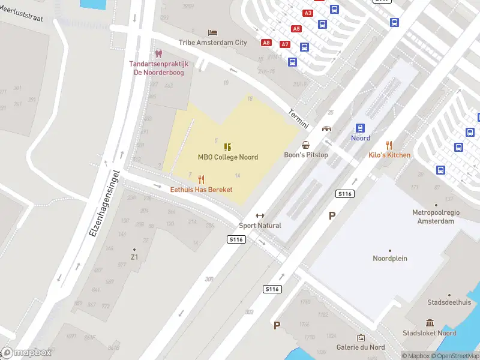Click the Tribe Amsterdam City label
point(212,43)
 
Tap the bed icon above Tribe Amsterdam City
point(212,32)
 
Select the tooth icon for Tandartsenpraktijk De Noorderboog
point(158,54)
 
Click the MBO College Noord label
point(228,157)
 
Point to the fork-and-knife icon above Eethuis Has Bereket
point(201,179)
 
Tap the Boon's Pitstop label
point(306,155)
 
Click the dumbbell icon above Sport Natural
point(260,216)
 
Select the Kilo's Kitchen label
point(389,155)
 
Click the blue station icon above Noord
point(360,128)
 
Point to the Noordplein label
point(390,259)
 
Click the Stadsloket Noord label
point(430,333)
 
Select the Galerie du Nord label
point(361,347)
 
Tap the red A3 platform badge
point(308,13)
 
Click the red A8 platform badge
point(266,43)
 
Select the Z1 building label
point(134,257)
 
